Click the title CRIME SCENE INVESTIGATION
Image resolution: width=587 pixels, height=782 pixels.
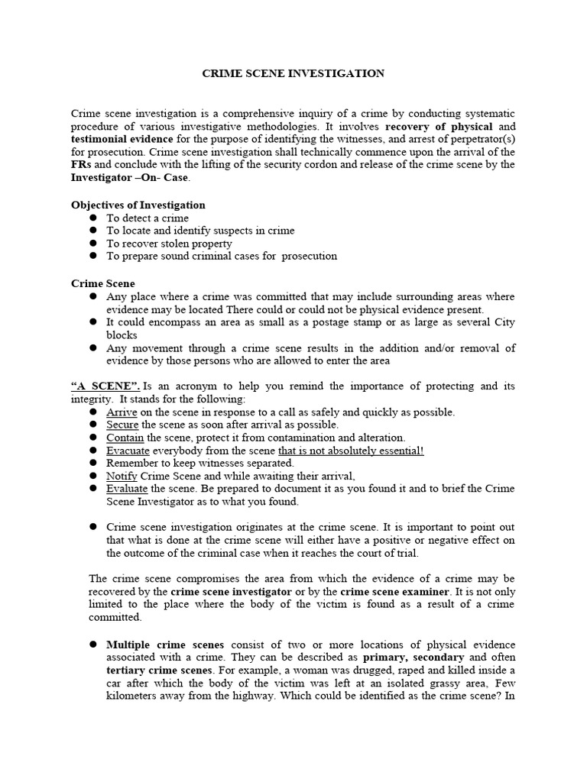click(293, 73)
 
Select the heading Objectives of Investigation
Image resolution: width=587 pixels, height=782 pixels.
click(138, 205)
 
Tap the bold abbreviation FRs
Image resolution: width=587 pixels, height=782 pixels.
click(82, 164)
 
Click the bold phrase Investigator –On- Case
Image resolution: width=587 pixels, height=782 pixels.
click(129, 177)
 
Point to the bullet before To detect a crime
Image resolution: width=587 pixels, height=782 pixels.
click(93, 218)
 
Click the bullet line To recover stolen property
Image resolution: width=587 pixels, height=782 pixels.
click(169, 244)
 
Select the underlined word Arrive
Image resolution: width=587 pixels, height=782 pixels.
click(122, 412)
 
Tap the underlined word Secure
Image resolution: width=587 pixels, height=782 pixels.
click(122, 425)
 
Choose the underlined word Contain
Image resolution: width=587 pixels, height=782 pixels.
click(125, 438)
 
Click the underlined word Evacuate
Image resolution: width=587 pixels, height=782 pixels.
click(127, 451)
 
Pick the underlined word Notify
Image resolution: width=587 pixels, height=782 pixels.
click(122, 476)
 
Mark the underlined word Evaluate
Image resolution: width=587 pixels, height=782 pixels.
click(127, 489)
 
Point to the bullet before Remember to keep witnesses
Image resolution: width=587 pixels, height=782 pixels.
click(93, 463)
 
